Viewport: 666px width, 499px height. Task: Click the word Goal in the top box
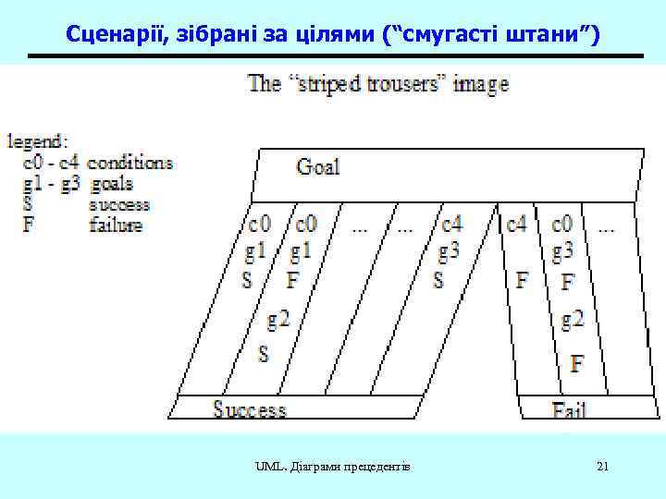318,167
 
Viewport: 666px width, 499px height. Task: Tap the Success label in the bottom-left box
250,409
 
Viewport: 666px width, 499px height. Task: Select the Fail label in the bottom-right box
569,409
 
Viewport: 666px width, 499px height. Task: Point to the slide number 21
602,467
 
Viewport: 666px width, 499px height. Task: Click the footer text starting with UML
333,467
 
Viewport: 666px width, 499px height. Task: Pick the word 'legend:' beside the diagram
37,142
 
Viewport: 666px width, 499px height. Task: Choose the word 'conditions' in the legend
130,163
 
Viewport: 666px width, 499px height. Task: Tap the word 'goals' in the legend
112,183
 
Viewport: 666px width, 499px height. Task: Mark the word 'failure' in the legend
116,225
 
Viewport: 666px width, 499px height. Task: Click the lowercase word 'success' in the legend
119,204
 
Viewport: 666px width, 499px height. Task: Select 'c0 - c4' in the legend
52,163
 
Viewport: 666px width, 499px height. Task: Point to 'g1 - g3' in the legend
52,183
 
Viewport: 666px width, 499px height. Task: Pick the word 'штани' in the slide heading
537,35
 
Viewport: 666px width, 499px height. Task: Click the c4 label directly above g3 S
451,225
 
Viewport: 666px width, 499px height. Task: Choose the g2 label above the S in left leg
278,320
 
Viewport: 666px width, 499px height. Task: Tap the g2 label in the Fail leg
573,320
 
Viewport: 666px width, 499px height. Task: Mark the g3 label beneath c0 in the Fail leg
563,250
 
